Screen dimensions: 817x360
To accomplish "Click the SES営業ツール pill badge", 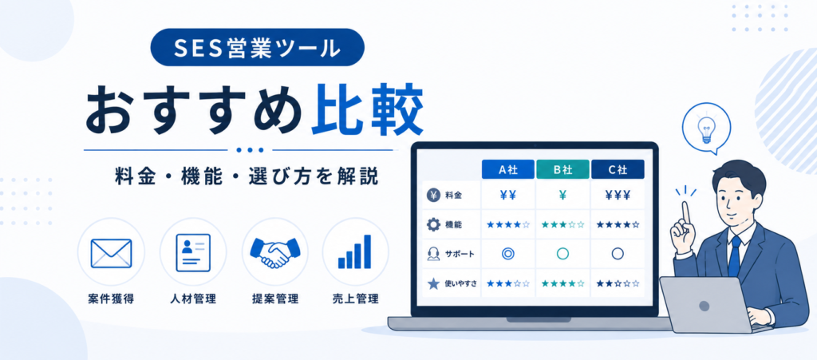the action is pyautogui.click(x=257, y=47).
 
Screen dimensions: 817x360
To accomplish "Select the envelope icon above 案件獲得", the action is pyautogui.click(x=111, y=253).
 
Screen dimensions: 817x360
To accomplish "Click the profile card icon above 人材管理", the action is pyautogui.click(x=193, y=253).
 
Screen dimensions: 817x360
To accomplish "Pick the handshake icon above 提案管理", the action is pyautogui.click(x=275, y=253).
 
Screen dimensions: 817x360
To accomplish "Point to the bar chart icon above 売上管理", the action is pyautogui.click(x=355, y=251).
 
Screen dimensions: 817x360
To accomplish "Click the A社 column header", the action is pyautogui.click(x=507, y=168).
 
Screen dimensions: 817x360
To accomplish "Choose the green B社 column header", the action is pyautogui.click(x=562, y=168).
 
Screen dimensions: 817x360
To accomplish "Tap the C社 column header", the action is pyautogui.click(x=618, y=168).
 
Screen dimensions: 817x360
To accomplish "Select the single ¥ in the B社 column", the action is pyautogui.click(x=562, y=196).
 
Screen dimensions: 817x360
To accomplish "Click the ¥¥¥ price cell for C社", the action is pyautogui.click(x=618, y=196).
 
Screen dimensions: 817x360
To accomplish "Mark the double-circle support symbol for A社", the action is pyautogui.click(x=507, y=254).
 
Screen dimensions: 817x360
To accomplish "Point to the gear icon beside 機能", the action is pyautogui.click(x=433, y=224).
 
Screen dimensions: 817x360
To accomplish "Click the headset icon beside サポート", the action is pyautogui.click(x=433, y=254).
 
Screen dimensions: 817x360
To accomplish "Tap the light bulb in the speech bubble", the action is pyautogui.click(x=706, y=127).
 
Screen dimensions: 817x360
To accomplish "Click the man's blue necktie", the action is pyautogui.click(x=735, y=255).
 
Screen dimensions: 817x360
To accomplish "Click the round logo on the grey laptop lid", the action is pyautogui.click(x=704, y=306).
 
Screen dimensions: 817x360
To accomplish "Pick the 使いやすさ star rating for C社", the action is pyautogui.click(x=618, y=284).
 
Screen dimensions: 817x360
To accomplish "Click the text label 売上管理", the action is pyautogui.click(x=355, y=299).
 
